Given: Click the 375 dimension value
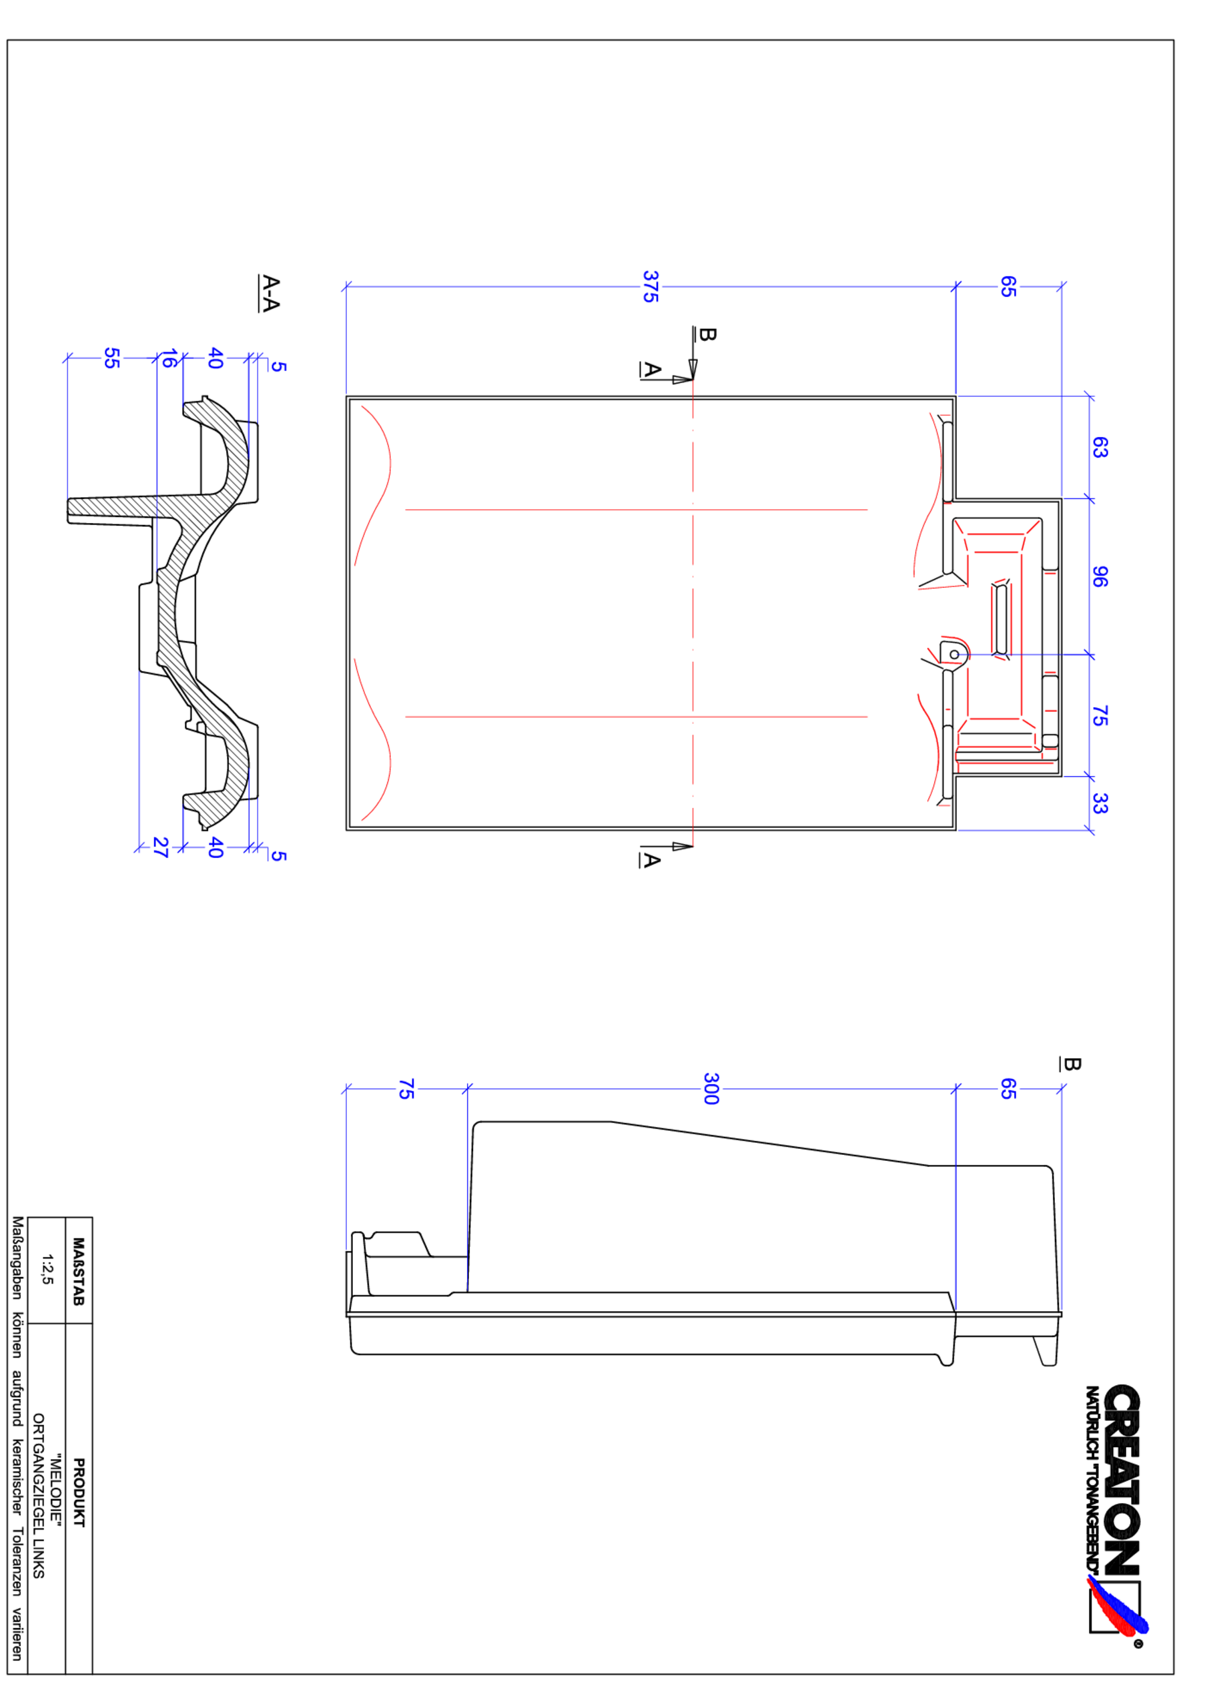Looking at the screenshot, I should tap(650, 286).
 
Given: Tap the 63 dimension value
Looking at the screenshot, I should tap(1099, 447).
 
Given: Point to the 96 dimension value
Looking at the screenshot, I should tap(1099, 576).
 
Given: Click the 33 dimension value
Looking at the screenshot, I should tap(1099, 803).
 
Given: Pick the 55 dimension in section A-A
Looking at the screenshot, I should tap(111, 358).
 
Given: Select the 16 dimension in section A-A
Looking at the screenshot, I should tap(169, 358).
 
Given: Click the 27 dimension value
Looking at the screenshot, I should tap(160, 847).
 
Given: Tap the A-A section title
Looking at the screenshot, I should tap(270, 293).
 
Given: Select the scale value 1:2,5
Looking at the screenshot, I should tap(47, 1269).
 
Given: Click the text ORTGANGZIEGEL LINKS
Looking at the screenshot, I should tap(39, 1496).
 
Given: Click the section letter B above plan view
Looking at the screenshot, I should tap(707, 335).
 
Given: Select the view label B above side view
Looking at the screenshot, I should tap(1070, 1063).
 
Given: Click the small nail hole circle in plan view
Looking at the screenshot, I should tap(954, 655).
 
